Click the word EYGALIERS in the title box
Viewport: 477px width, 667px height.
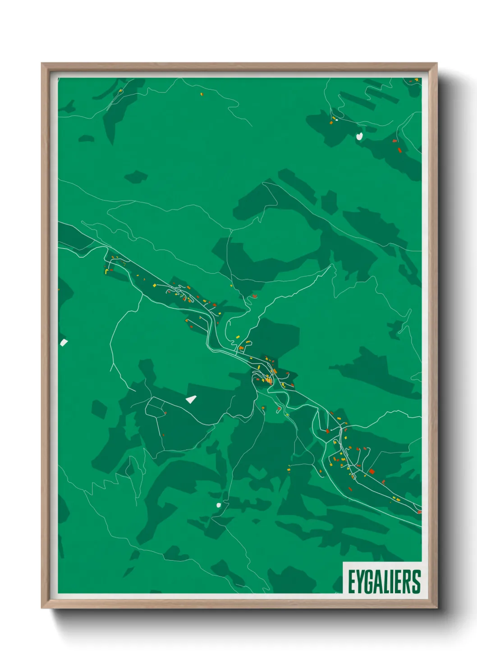point(384,581)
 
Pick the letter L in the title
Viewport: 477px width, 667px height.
point(386,581)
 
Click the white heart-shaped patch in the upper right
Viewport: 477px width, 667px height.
point(359,135)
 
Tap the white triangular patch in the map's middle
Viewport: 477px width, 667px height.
point(192,399)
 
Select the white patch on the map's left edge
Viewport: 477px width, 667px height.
point(64,343)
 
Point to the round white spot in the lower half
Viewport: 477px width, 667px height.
point(219,505)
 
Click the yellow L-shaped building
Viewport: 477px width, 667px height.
point(107,271)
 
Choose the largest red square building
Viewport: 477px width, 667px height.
point(372,471)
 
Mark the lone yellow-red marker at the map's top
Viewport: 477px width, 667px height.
point(202,94)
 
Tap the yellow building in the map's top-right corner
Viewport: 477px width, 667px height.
point(416,80)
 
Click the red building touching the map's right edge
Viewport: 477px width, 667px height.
point(419,512)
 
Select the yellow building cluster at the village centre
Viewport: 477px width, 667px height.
point(269,380)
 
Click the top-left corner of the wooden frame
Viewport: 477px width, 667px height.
point(42,64)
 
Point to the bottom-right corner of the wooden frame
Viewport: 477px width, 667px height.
point(436,608)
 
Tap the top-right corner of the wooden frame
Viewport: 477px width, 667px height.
point(436,64)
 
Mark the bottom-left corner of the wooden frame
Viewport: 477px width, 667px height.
point(42,608)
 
